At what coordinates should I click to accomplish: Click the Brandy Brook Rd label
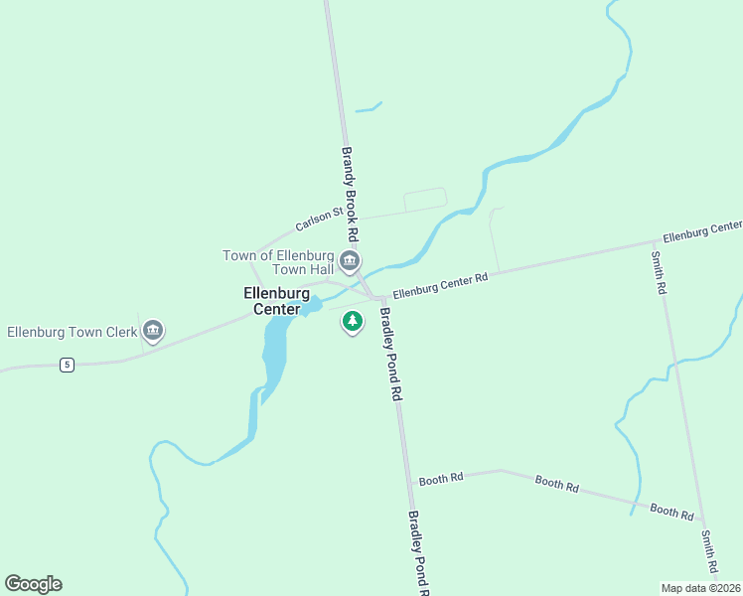(x=349, y=195)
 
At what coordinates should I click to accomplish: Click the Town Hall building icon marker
(x=349, y=262)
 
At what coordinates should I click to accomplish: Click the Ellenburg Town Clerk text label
(x=72, y=331)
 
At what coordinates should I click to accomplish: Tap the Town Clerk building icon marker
(x=152, y=330)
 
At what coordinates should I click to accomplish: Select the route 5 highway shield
(x=67, y=365)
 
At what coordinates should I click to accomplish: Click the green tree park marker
(x=352, y=322)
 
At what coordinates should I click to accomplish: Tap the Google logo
(x=33, y=584)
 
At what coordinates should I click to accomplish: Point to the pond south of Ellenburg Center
(x=274, y=353)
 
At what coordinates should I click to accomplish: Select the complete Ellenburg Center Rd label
(x=440, y=286)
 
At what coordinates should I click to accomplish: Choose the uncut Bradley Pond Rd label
(x=391, y=354)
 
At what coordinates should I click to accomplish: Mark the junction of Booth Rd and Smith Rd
(x=703, y=521)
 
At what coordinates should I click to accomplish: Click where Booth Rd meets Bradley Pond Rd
(x=409, y=481)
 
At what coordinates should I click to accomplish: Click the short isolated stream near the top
(x=369, y=107)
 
